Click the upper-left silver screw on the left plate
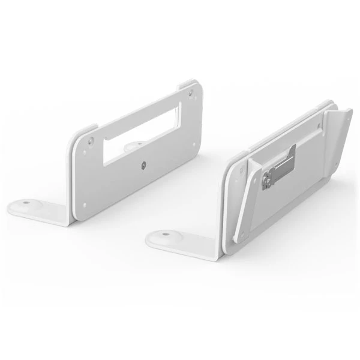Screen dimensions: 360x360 click(90, 141)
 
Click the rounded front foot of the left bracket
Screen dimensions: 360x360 click(30, 208)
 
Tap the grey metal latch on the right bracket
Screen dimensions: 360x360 click(280, 168)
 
